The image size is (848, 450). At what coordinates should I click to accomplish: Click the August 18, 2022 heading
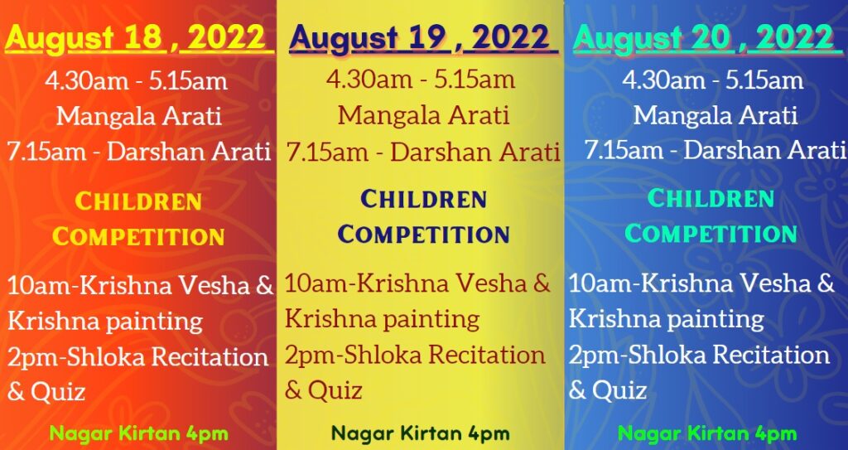tap(139, 38)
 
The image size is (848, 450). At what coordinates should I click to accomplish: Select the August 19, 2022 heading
tap(423, 39)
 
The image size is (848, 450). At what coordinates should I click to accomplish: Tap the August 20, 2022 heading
tap(707, 39)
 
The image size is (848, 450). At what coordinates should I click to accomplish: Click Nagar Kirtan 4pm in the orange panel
tap(139, 433)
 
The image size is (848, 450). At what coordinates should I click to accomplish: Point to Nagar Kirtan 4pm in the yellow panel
tap(420, 433)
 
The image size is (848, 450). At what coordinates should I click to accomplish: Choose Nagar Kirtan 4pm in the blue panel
tap(707, 433)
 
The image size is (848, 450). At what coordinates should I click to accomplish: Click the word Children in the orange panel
tap(138, 202)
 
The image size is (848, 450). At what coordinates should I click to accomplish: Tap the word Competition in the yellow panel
tap(423, 235)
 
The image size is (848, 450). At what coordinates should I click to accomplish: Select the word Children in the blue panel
tap(711, 199)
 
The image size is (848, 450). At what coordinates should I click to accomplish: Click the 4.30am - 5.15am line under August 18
tap(137, 82)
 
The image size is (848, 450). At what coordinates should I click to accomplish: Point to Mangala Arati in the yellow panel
tap(423, 115)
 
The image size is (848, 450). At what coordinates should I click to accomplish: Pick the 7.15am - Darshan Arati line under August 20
tap(715, 150)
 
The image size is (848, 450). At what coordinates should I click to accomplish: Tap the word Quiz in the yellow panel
tap(335, 390)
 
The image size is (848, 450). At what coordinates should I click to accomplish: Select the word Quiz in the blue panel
tap(619, 390)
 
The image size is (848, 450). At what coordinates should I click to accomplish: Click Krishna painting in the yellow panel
tap(382, 320)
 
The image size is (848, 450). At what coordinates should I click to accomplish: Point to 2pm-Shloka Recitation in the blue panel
tap(699, 356)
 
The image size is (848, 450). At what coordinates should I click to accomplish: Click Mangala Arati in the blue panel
tap(715, 115)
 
